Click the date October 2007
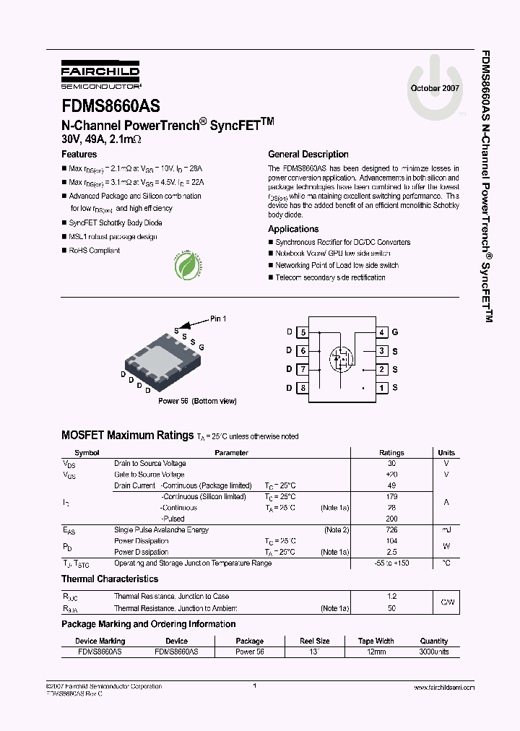pyautogui.click(x=435, y=87)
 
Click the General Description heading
pyautogui.click(x=308, y=155)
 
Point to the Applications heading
pyautogui.click(x=293, y=229)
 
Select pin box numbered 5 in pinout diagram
pyautogui.click(x=303, y=332)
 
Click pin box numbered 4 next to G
pyautogui.click(x=381, y=332)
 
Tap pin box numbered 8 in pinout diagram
pyautogui.click(x=303, y=388)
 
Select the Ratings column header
pyautogui.click(x=391, y=453)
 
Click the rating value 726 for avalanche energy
pyautogui.click(x=391, y=530)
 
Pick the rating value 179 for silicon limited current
pyautogui.click(x=391, y=497)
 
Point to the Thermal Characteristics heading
pyautogui.click(x=110, y=579)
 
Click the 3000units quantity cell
pyautogui.click(x=434, y=652)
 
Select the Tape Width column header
pyautogui.click(x=376, y=641)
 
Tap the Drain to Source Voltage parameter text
pyautogui.click(x=150, y=464)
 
